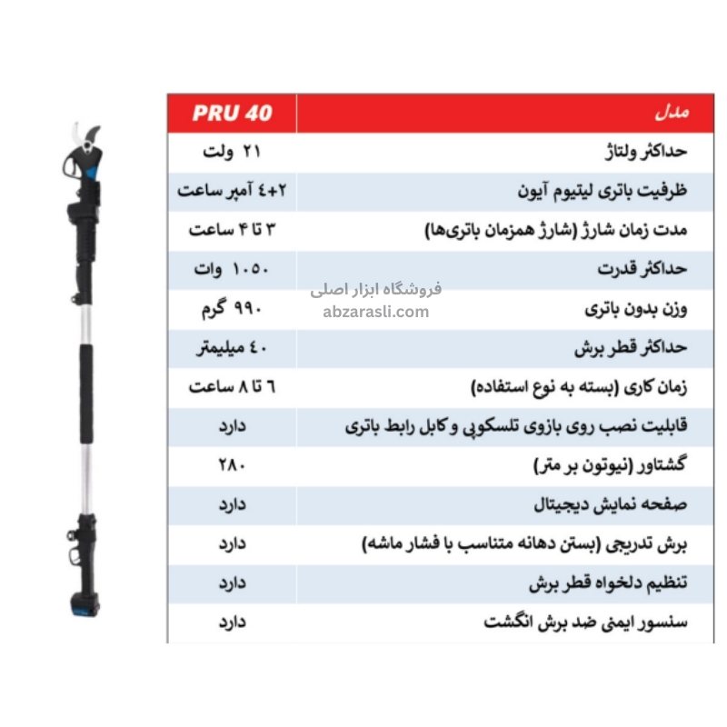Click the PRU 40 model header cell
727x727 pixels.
click(232, 115)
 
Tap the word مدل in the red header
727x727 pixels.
click(673, 115)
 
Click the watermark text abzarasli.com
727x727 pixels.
click(375, 312)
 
